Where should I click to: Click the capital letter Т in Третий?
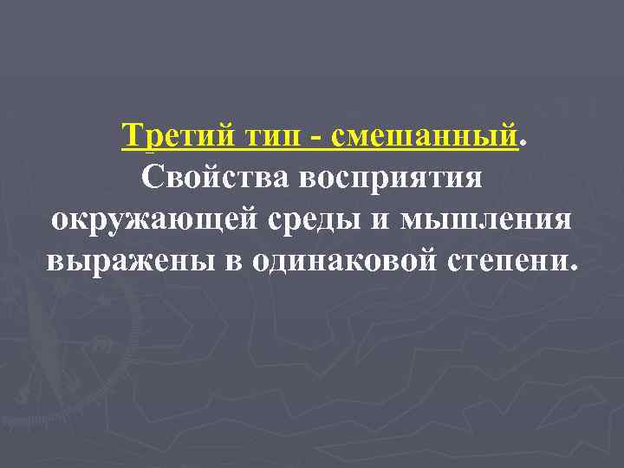pos(133,136)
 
